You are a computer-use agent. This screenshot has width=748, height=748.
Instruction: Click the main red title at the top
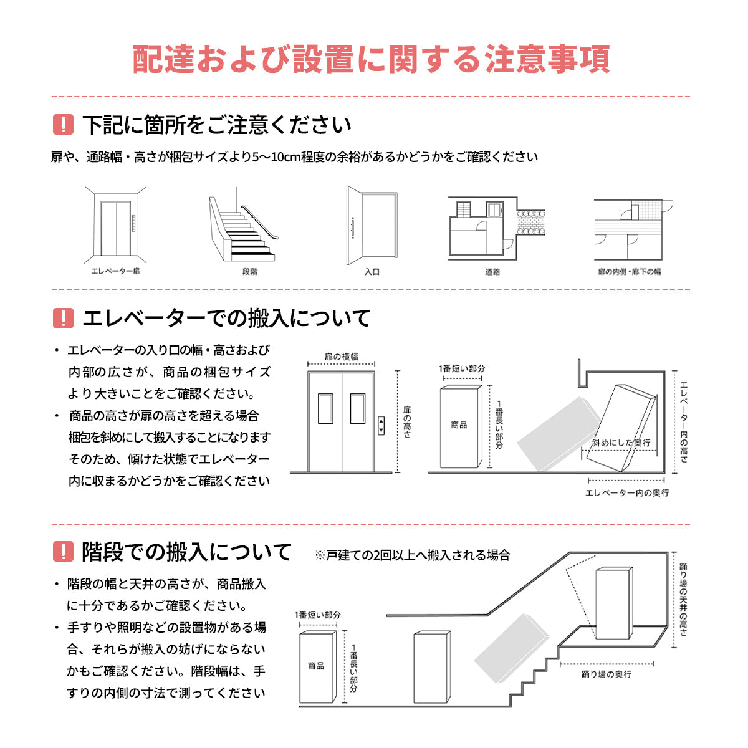pos(372,59)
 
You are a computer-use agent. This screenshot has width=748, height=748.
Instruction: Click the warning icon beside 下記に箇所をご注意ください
pos(64,125)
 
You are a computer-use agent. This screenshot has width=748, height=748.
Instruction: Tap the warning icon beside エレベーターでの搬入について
pos(64,318)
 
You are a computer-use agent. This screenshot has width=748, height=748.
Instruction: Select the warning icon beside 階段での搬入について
pos(64,551)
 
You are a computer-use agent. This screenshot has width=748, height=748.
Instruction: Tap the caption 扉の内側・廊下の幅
pos(629,272)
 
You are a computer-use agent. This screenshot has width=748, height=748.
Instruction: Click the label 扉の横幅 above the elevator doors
pos(342,357)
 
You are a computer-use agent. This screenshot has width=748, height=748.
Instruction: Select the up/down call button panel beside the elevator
pos(381,426)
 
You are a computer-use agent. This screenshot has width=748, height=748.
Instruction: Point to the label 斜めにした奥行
pos(621,443)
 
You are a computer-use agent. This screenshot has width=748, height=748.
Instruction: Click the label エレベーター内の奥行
pos(627,493)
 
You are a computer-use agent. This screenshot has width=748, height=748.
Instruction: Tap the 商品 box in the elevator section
pos(460,426)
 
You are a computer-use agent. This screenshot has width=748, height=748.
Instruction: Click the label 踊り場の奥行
pos(606,674)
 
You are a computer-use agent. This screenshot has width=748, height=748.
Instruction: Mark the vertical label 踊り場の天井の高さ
pos(683,599)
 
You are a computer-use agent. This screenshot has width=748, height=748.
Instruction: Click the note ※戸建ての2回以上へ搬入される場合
pos(413,555)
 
